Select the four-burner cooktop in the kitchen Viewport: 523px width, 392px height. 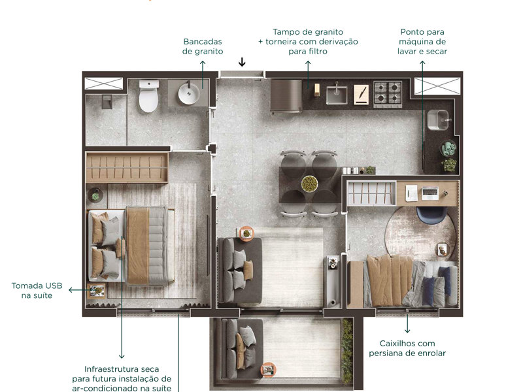[x=388, y=93]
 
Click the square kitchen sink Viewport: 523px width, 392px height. [x=337, y=94]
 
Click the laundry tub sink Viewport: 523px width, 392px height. [x=437, y=120]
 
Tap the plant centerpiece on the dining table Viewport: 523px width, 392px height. [x=309, y=184]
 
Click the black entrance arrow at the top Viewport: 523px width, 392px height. [x=242, y=63]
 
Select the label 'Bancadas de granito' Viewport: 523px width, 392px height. [x=203, y=46]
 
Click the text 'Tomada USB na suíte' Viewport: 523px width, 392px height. [x=36, y=290]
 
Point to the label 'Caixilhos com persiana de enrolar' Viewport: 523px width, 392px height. [x=407, y=348]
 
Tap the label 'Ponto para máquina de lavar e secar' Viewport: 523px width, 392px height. [x=422, y=41]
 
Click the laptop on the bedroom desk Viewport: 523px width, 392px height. [x=430, y=193]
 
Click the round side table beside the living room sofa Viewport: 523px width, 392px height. [x=246, y=233]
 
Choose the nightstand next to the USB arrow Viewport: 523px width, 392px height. [x=97, y=290]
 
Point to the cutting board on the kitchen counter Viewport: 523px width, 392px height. [x=361, y=93]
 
